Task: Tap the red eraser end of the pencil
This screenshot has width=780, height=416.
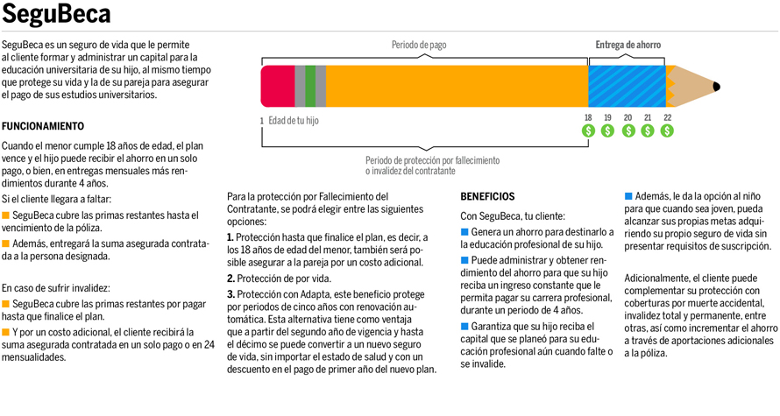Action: click(x=278, y=86)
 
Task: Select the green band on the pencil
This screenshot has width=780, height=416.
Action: click(x=310, y=86)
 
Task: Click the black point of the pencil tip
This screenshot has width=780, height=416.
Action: click(x=716, y=86)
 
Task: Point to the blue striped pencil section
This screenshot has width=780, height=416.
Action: click(x=627, y=86)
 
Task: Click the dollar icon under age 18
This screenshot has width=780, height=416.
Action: click(x=588, y=130)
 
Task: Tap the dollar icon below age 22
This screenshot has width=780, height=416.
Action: click(x=667, y=130)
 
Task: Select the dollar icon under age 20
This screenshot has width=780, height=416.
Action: click(x=628, y=130)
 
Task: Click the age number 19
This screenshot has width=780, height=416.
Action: click(x=607, y=117)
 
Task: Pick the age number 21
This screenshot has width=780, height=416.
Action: click(x=648, y=117)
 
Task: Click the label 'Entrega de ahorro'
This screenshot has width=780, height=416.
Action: click(x=628, y=45)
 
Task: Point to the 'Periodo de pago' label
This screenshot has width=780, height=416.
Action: click(x=418, y=45)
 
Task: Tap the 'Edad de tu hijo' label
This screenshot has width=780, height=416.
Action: click(x=293, y=120)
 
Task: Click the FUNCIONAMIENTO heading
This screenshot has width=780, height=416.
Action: click(x=43, y=126)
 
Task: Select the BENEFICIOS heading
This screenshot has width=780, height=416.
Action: click(x=487, y=197)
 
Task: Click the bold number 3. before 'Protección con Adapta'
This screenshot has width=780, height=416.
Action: click(x=230, y=294)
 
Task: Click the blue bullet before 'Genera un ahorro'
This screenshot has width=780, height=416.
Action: click(x=464, y=232)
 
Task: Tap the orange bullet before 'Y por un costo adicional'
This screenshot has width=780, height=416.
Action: click(x=5, y=333)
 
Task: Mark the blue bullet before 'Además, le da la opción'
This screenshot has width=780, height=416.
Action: click(x=628, y=196)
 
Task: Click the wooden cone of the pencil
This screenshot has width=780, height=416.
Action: click(x=690, y=86)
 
